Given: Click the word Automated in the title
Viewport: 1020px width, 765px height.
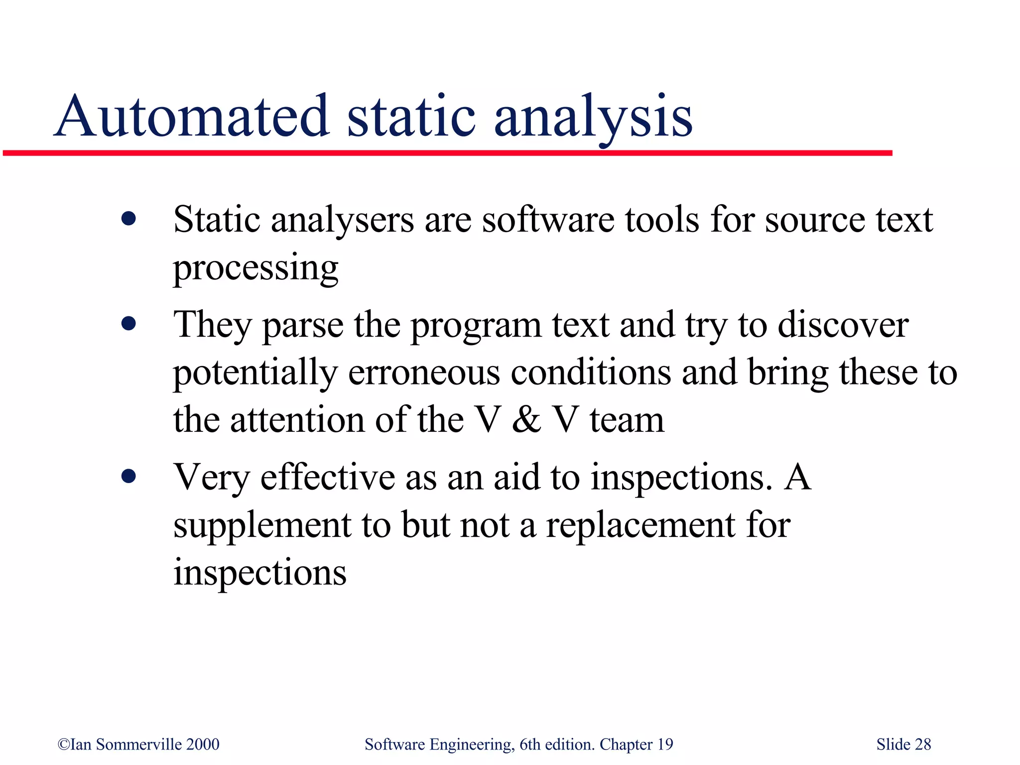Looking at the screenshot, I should point(192,117).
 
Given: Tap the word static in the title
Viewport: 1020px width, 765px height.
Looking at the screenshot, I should point(411,117).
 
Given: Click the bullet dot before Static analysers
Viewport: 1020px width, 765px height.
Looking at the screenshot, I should point(128,219).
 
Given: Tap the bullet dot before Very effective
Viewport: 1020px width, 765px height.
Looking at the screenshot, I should point(128,477).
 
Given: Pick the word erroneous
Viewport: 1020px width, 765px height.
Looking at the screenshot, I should point(424,373).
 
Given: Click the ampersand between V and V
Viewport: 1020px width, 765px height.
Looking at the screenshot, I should point(526,419).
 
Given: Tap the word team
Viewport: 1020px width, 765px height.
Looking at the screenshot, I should point(627,420).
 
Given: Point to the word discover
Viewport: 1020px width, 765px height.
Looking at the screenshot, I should point(843,325).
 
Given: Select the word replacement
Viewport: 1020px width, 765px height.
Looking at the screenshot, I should point(640,526).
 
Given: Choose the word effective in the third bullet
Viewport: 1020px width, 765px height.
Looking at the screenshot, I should point(328,477).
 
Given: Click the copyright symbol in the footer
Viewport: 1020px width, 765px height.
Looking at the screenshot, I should point(64,745).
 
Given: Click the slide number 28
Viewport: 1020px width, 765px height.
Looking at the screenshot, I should point(923,745).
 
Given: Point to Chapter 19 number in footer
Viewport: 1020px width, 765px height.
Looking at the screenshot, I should point(665,745).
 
